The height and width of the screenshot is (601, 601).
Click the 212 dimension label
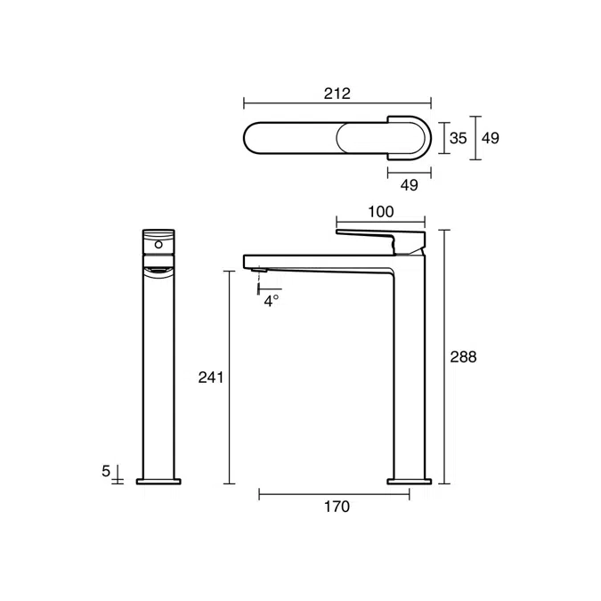click(x=337, y=93)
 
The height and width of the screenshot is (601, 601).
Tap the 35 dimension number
click(x=458, y=138)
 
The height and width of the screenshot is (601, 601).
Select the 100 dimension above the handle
click(x=380, y=212)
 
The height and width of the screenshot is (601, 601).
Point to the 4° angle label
click(x=272, y=300)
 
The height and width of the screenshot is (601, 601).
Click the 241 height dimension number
click(x=210, y=378)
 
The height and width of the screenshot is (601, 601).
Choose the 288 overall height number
click(x=464, y=356)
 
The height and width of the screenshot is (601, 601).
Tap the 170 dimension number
click(x=336, y=508)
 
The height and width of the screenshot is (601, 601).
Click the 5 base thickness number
click(x=106, y=470)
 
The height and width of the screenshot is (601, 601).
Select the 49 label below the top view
click(x=409, y=184)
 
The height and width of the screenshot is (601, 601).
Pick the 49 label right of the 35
click(x=490, y=138)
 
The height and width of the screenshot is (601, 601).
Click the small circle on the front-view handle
click(x=158, y=242)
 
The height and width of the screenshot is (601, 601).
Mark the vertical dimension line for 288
click(x=444, y=356)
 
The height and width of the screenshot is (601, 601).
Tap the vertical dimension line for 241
click(x=230, y=378)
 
